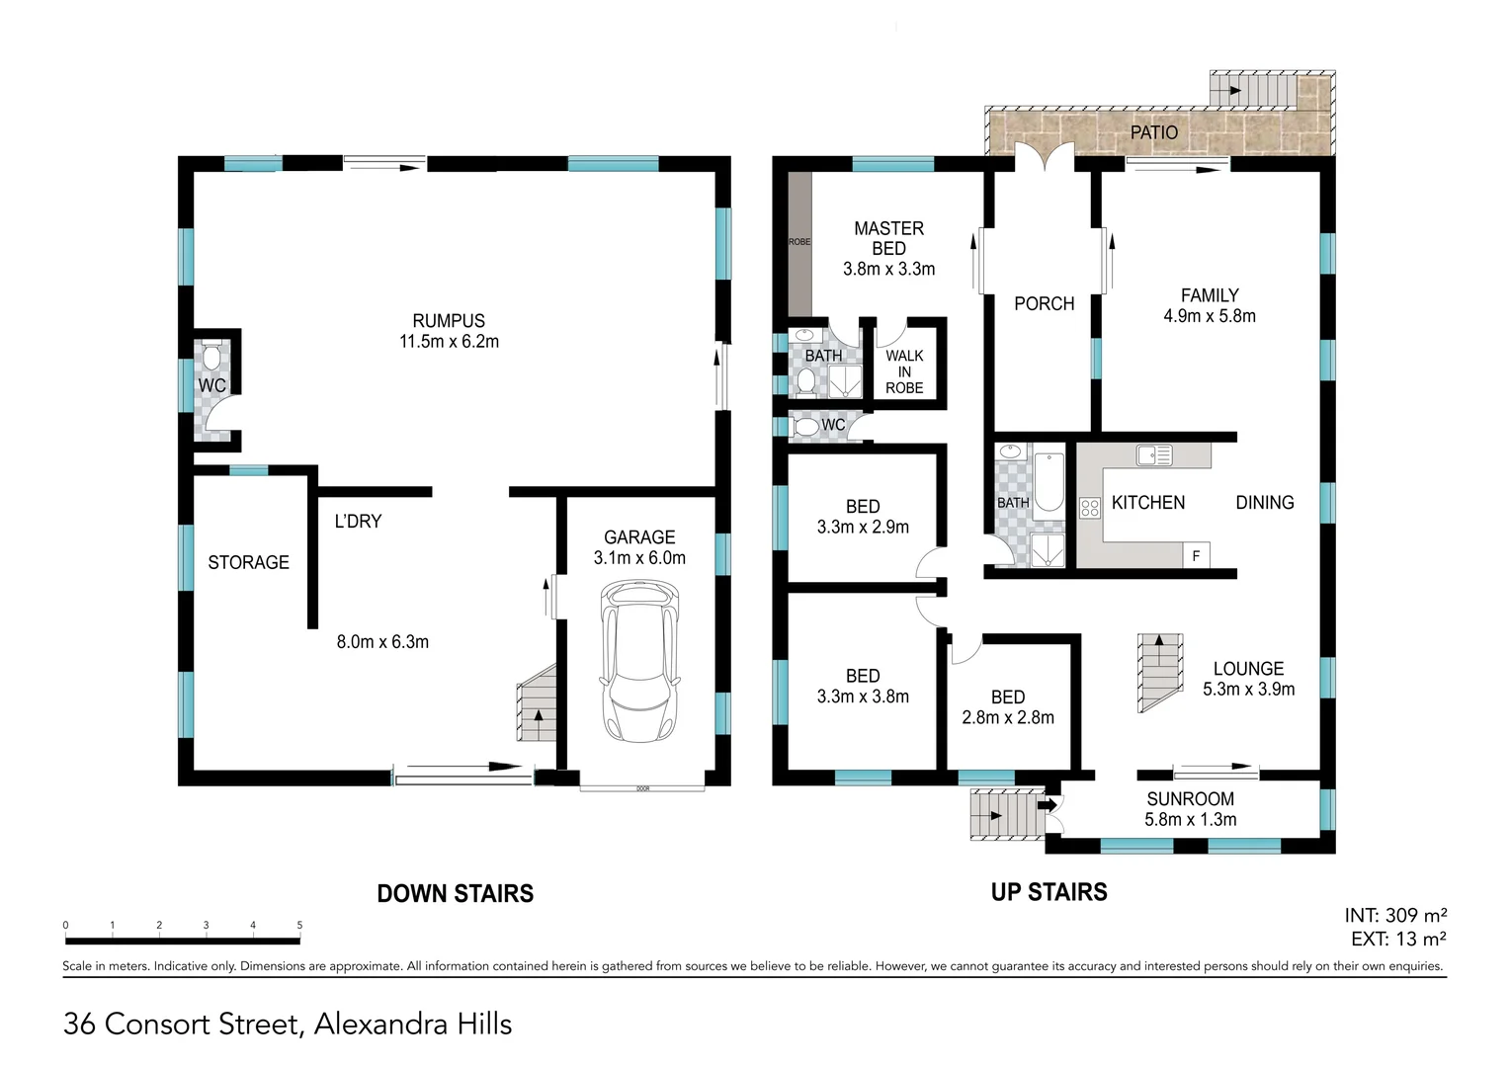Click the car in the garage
[639, 662]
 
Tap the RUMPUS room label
[449, 321]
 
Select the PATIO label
[1153, 132]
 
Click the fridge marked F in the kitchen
[1196, 556]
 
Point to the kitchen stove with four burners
[1090, 509]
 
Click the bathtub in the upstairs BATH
[1048, 482]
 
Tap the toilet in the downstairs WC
[212, 357]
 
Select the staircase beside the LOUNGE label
[1159, 673]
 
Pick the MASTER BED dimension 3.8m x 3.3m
[888, 269]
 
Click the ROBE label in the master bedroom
[798, 242]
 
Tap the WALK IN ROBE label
[904, 371]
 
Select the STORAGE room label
[248, 562]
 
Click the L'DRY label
[358, 521]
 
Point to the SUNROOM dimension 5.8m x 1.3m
[1190, 820]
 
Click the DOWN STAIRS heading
[455, 894]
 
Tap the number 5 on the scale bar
[299, 926]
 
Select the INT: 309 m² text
[1395, 916]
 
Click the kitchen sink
[1153, 455]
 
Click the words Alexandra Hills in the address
[412, 1025]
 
